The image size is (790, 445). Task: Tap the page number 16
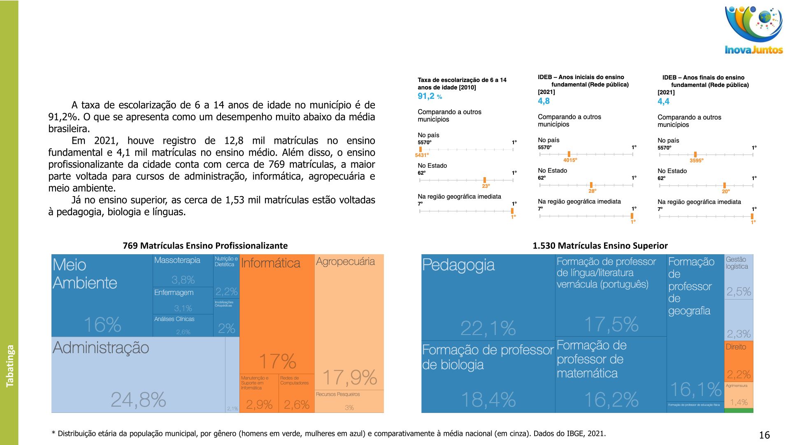pos(764,435)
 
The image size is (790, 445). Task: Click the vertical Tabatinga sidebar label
pos(10,366)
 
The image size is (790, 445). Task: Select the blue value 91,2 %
pos(430,96)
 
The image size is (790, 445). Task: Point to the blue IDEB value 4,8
pos(544,101)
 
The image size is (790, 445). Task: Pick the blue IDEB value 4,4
pos(663,101)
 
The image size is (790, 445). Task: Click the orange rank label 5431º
pos(422,155)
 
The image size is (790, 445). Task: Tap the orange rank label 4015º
pos(570,160)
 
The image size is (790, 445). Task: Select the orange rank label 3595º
pos(696,161)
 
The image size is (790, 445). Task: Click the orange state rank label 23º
pos(486,186)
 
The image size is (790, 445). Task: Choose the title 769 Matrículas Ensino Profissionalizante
pos(205,246)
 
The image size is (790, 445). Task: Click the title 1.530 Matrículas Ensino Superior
pos(600,246)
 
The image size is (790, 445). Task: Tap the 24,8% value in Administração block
pos(138,399)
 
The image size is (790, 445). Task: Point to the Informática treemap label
pos(270,263)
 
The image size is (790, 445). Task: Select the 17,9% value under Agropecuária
pos(349,377)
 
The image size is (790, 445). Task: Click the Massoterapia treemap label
pos(177,260)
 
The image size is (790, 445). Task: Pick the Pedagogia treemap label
pos(458,265)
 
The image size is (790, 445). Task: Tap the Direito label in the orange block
pos(736,347)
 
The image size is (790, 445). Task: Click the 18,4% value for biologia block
pos(488,399)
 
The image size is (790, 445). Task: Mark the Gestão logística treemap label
pos(737,263)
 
